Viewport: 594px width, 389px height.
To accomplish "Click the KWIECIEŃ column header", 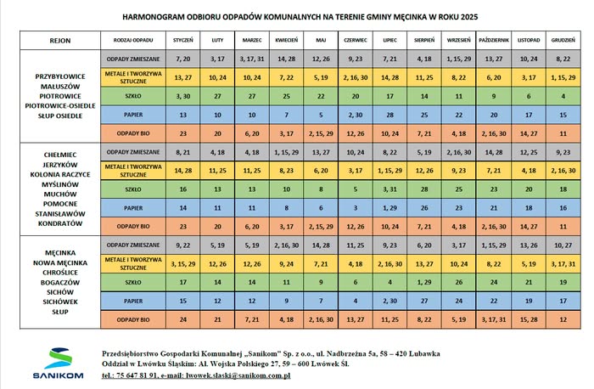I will pos(286,40).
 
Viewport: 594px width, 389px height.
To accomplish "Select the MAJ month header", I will pos(320,40).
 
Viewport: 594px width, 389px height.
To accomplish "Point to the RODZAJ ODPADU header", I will pos(132,40).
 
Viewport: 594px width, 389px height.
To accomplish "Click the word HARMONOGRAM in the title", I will pos(151,15).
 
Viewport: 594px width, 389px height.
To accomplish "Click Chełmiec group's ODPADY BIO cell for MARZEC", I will pos(252,227).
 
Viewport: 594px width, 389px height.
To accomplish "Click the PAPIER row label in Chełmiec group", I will pos(132,208).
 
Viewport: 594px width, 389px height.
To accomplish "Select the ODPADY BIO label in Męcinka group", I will pos(132,320).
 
